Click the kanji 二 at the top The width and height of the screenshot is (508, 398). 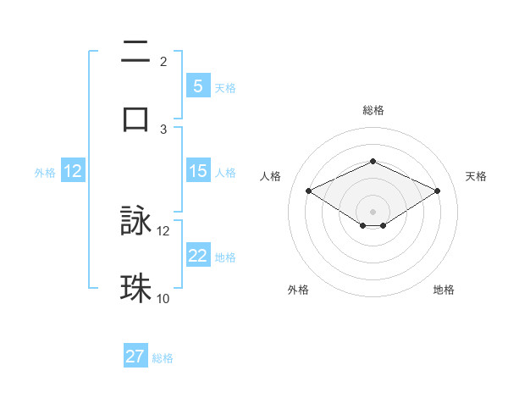tap(135, 53)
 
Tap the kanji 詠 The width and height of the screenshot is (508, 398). tap(135, 222)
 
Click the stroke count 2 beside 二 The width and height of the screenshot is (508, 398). tap(163, 62)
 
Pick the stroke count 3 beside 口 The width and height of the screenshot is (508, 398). tap(163, 129)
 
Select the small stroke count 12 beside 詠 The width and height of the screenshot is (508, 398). tap(163, 230)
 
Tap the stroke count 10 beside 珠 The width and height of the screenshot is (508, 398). tap(163, 297)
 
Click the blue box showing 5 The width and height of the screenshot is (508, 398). tap(197, 86)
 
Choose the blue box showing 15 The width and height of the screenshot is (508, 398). tap(197, 171)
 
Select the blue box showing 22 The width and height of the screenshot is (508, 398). tap(197, 256)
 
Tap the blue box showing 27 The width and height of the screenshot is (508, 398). tap(135, 357)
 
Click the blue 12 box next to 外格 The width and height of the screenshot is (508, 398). tap(73, 171)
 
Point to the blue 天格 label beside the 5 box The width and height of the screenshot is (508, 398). tap(225, 87)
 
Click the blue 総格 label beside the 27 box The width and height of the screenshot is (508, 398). tap(163, 357)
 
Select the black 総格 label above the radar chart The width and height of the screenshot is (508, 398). tap(373, 110)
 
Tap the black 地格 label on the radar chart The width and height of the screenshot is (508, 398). tap(444, 290)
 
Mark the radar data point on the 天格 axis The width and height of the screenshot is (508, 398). tap(437, 191)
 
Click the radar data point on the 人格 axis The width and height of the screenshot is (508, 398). tap(309, 191)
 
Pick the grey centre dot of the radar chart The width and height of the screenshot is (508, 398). tap(373, 211)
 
